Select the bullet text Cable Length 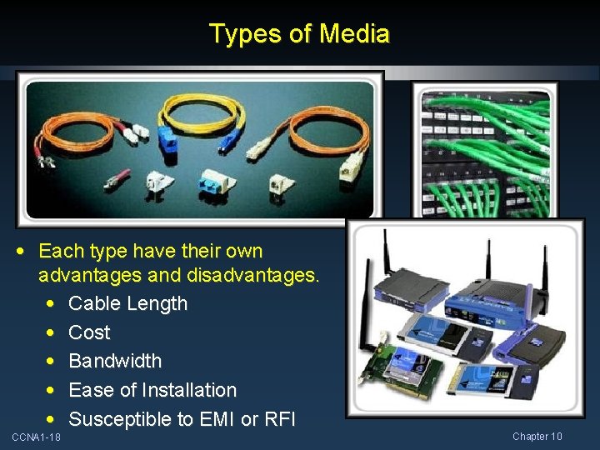pyautogui.click(x=127, y=303)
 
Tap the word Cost pyautogui.click(x=89, y=332)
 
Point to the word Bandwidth pyautogui.click(x=115, y=361)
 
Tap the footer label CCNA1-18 pyautogui.click(x=36, y=437)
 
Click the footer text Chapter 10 pyautogui.click(x=537, y=437)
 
